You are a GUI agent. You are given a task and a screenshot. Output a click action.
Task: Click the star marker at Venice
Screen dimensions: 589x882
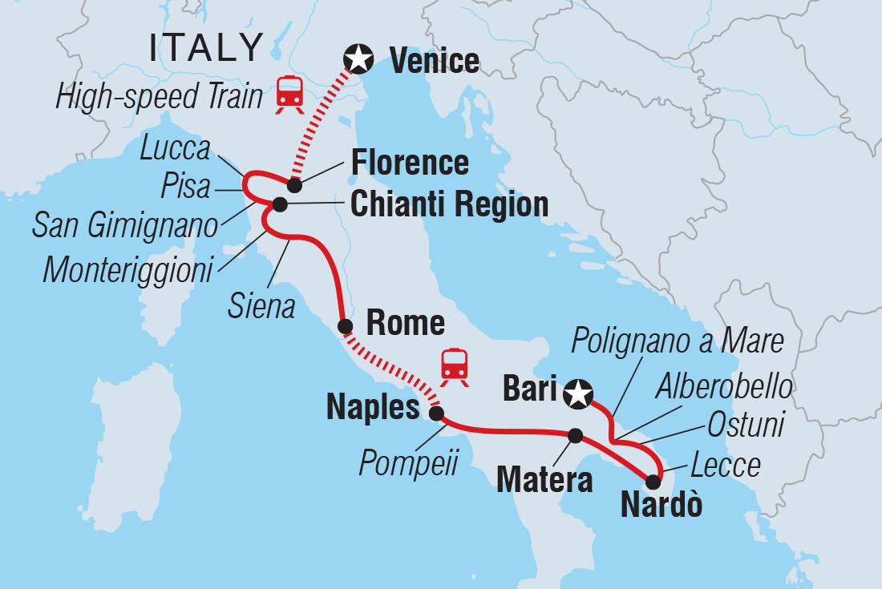tap(358, 58)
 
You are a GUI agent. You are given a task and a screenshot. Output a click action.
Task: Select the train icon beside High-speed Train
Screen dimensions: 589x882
tap(289, 94)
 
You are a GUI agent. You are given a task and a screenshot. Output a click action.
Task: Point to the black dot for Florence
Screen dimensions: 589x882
tap(294, 185)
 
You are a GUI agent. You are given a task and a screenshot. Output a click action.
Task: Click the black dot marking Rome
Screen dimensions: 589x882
tap(345, 326)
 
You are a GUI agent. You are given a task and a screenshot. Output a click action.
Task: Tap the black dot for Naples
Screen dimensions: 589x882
tap(436, 414)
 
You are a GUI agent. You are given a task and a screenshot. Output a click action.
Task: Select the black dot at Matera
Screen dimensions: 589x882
tap(575, 435)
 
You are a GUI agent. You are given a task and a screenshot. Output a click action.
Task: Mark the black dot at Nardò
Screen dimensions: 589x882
tap(653, 481)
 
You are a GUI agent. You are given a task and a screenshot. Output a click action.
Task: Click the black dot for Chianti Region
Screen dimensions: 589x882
tap(280, 204)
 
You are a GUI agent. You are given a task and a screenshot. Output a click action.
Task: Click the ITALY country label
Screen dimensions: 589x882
tap(206, 49)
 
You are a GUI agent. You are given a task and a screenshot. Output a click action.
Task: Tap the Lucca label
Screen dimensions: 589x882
tap(174, 149)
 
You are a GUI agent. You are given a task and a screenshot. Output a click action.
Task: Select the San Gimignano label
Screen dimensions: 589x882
tap(124, 226)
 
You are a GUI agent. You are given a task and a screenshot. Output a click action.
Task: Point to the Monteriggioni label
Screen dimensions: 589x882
tap(127, 270)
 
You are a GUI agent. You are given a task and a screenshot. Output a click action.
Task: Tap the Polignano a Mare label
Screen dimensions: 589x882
tap(678, 342)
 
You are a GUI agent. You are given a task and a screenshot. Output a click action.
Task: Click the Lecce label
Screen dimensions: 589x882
tap(725, 466)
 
